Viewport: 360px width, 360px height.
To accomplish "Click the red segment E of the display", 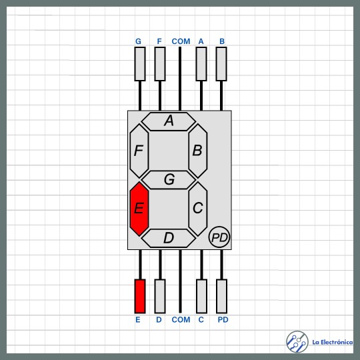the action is (139, 209).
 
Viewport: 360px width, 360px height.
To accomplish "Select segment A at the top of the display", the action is (169, 121).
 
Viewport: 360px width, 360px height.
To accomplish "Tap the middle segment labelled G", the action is (169, 180).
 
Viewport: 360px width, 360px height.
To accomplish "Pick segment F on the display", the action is (139, 151).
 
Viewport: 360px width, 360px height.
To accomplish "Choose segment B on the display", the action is (198, 151).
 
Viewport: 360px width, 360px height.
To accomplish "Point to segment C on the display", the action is (198, 209).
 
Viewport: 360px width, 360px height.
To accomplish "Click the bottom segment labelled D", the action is (169, 238).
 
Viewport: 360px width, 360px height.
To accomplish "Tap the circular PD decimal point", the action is (219, 237).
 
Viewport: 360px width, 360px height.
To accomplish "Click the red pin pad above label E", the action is (140, 296).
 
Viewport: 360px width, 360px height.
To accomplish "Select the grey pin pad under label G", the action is (140, 64).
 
